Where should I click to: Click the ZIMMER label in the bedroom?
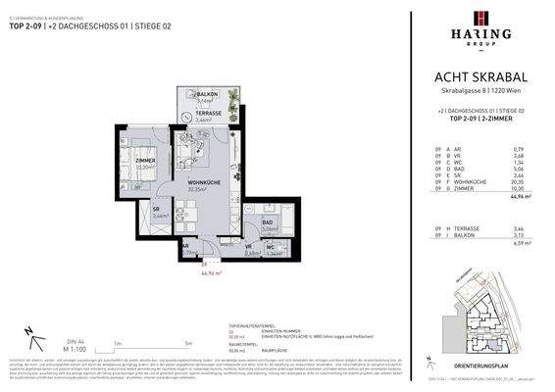pyautogui.click(x=145, y=162)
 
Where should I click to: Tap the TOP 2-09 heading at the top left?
pyautogui.click(x=27, y=26)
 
